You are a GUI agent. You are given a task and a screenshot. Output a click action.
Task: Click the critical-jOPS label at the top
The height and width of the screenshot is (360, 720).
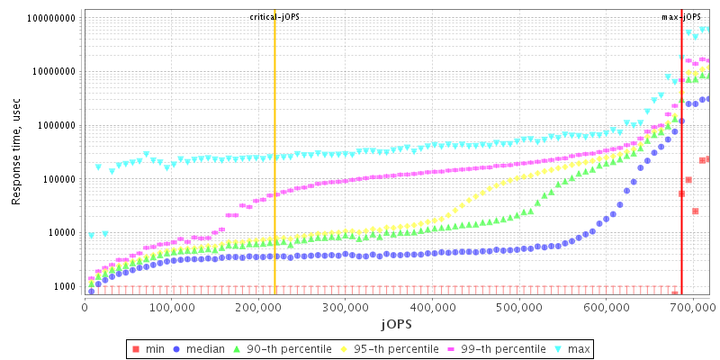(274, 16)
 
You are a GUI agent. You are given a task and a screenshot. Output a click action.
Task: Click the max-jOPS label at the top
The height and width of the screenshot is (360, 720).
(681, 16)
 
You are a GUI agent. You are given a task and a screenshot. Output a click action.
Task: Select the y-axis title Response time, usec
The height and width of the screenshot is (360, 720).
(16, 154)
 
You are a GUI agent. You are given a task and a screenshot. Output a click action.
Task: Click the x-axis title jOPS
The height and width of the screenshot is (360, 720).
(396, 323)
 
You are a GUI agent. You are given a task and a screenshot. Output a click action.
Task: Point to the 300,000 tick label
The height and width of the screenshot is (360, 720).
(345, 307)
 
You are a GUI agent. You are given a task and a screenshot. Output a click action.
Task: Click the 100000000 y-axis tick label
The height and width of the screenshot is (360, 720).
(52, 18)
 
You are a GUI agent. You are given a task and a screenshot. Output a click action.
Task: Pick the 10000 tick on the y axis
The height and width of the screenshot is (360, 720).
(63, 233)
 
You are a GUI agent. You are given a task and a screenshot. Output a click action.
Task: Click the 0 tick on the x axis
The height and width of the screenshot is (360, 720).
(85, 307)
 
